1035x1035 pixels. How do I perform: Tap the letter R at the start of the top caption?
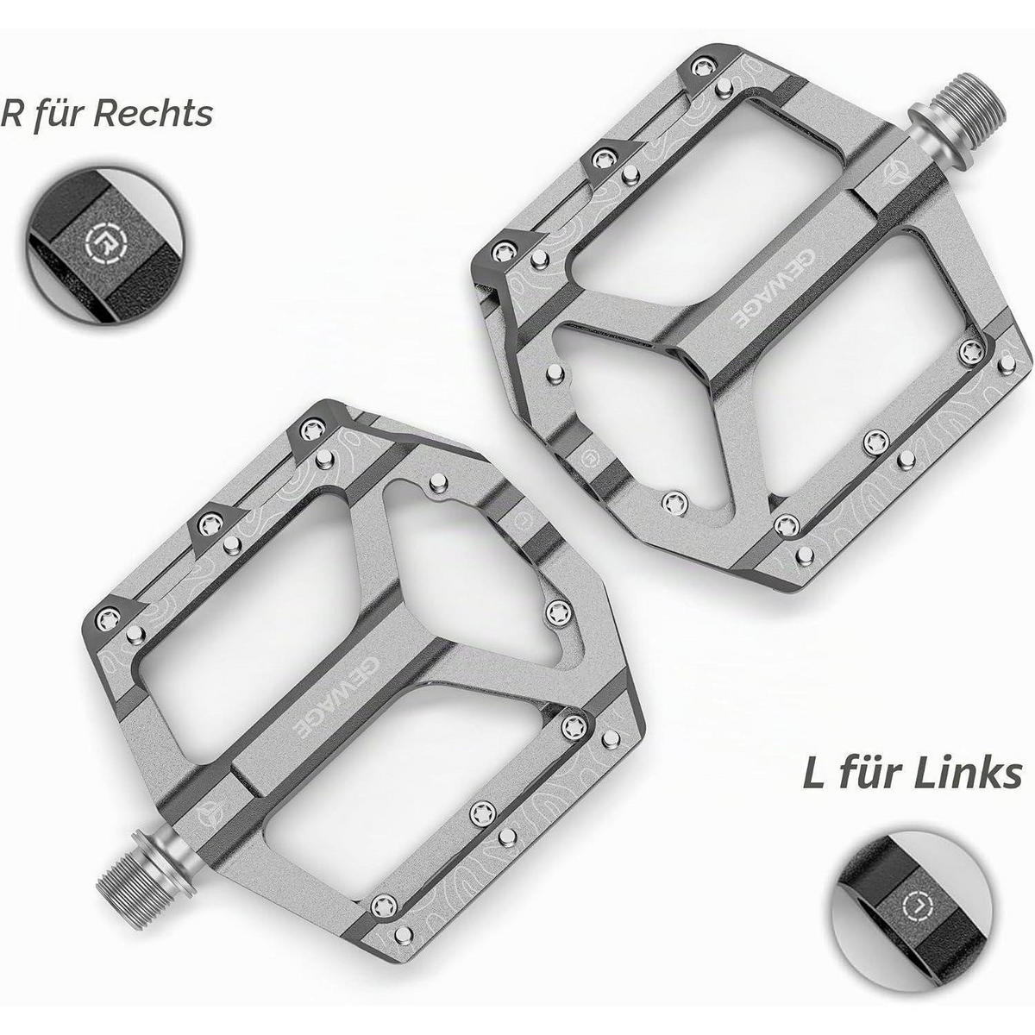(13, 114)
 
